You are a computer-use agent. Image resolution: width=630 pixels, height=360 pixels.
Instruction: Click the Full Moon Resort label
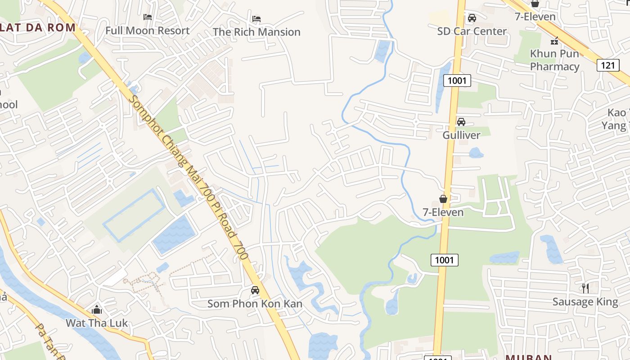coord(147,31)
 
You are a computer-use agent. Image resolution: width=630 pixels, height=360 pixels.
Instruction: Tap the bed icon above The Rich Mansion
coord(256,19)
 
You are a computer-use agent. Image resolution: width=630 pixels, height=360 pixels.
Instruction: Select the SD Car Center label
coord(472,31)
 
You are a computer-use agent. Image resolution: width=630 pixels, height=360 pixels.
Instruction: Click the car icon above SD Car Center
coord(472,18)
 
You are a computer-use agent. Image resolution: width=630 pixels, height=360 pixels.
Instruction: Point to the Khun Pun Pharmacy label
coord(554,60)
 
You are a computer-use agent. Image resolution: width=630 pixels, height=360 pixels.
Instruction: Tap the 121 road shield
coord(608,65)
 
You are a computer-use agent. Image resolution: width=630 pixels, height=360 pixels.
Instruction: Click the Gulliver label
coord(461,135)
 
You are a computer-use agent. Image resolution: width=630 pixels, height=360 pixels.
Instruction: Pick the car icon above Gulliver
coord(461,122)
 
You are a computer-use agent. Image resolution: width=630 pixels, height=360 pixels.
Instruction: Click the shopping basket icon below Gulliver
coord(443,199)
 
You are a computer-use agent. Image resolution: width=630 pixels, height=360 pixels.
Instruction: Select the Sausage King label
coord(585,301)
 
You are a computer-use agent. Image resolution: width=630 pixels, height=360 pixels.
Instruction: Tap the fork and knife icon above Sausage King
coord(585,288)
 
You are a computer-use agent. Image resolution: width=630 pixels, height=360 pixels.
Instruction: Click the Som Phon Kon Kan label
coord(255,304)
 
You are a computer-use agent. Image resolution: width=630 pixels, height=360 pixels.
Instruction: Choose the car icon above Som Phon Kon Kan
coord(255,290)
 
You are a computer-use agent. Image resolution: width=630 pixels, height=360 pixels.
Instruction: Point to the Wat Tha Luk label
coord(97,323)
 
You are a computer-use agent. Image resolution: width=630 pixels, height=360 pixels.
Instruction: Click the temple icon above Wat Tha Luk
coord(97,310)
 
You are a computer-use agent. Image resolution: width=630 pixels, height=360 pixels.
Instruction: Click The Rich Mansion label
coord(256,32)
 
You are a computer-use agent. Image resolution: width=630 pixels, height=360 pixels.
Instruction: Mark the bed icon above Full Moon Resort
coord(147,17)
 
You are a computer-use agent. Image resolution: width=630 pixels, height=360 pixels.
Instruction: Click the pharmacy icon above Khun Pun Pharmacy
coord(554,40)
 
